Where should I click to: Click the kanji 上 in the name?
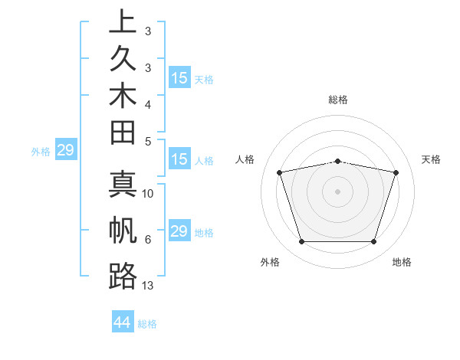click(x=123, y=23)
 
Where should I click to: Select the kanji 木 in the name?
click(x=123, y=103)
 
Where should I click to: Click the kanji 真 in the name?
click(x=123, y=188)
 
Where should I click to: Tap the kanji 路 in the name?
click(x=123, y=276)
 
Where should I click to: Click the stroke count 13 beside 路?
click(x=148, y=286)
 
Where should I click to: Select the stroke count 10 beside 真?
click(x=148, y=194)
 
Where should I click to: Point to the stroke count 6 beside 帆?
click(x=148, y=240)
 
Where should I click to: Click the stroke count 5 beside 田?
click(x=148, y=141)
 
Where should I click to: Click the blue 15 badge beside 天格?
click(x=179, y=78)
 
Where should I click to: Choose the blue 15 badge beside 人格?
click(x=179, y=160)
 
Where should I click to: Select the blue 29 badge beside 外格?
click(x=66, y=150)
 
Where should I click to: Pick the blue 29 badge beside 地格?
click(x=179, y=231)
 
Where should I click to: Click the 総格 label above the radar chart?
click(x=338, y=100)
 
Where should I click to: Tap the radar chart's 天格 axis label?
click(x=432, y=159)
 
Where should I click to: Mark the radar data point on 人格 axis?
click(x=280, y=172)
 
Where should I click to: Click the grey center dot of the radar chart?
click(x=338, y=191)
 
